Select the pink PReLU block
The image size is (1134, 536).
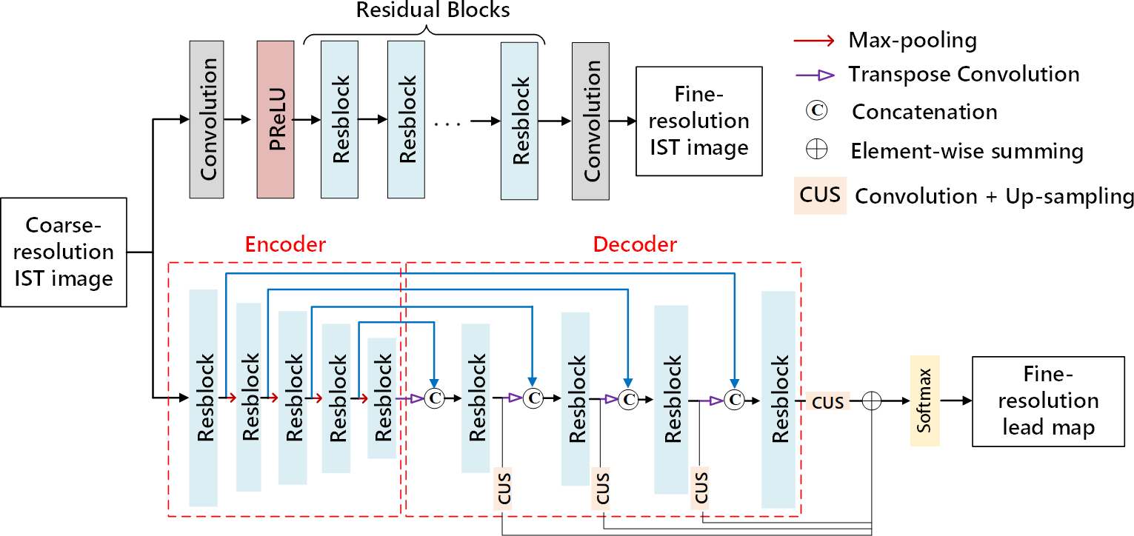tap(276, 119)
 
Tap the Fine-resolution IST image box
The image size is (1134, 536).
tap(698, 121)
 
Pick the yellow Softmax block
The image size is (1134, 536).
tap(924, 401)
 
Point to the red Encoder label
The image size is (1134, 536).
tap(286, 245)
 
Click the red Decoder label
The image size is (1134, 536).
tap(635, 245)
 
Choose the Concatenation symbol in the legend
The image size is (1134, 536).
tap(816, 111)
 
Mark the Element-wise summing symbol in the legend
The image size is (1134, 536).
tap(816, 150)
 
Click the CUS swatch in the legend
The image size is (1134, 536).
tap(820, 195)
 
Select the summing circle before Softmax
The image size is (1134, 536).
tap(872, 401)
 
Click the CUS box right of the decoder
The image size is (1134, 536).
tap(828, 402)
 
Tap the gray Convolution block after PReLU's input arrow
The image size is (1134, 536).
tap(207, 119)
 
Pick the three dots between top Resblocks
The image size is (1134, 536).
tap(447, 120)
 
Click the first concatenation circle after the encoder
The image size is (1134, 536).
tap(435, 399)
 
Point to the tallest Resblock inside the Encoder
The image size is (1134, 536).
tap(204, 398)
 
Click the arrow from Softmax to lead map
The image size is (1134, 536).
tap(955, 401)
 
